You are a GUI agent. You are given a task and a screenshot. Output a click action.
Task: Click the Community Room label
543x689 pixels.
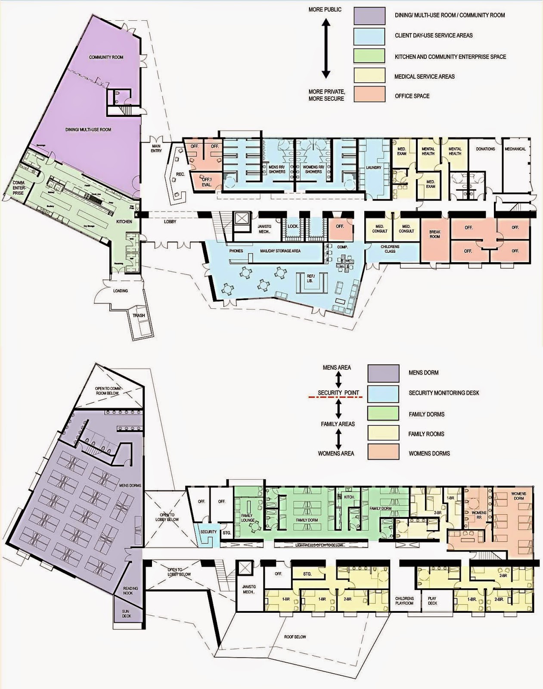pyautogui.click(x=106, y=57)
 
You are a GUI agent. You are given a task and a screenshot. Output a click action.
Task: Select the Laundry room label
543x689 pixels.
pyautogui.click(x=374, y=168)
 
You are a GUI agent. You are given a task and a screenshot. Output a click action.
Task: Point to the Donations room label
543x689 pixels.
pyautogui.click(x=485, y=149)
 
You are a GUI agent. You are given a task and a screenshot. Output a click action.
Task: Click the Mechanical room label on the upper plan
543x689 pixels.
pyautogui.click(x=515, y=149)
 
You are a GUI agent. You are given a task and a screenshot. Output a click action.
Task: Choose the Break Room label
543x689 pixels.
pyautogui.click(x=435, y=234)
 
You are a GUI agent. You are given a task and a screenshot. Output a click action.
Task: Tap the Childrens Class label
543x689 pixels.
pyautogui.click(x=390, y=249)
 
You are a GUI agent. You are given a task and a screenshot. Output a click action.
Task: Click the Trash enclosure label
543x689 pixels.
pyautogui.click(x=139, y=316)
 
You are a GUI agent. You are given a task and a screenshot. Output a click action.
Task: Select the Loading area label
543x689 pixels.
pyautogui.click(x=121, y=291)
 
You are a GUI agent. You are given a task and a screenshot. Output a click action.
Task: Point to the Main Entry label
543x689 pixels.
pyautogui.click(x=156, y=149)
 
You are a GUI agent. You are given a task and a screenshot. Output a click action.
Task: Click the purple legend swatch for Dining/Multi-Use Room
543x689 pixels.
pyautogui.click(x=369, y=15)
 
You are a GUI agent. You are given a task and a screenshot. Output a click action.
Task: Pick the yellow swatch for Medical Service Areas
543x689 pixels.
pyautogui.click(x=369, y=77)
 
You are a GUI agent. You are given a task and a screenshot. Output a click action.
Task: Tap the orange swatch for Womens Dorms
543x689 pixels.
pyautogui.click(x=383, y=453)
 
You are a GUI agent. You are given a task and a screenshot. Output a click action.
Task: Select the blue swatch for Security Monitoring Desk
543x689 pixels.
pyautogui.click(x=383, y=393)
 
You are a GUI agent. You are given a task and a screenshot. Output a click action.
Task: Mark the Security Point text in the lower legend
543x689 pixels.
pyautogui.click(x=338, y=393)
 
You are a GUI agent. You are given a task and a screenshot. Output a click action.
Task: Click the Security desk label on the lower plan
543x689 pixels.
pyautogui.click(x=208, y=532)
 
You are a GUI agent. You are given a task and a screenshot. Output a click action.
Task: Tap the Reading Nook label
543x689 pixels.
pyautogui.click(x=130, y=591)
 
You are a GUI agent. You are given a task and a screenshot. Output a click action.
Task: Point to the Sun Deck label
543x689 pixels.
pyautogui.click(x=125, y=614)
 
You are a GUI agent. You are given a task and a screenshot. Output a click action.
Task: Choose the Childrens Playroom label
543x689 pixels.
pyautogui.click(x=404, y=601)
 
